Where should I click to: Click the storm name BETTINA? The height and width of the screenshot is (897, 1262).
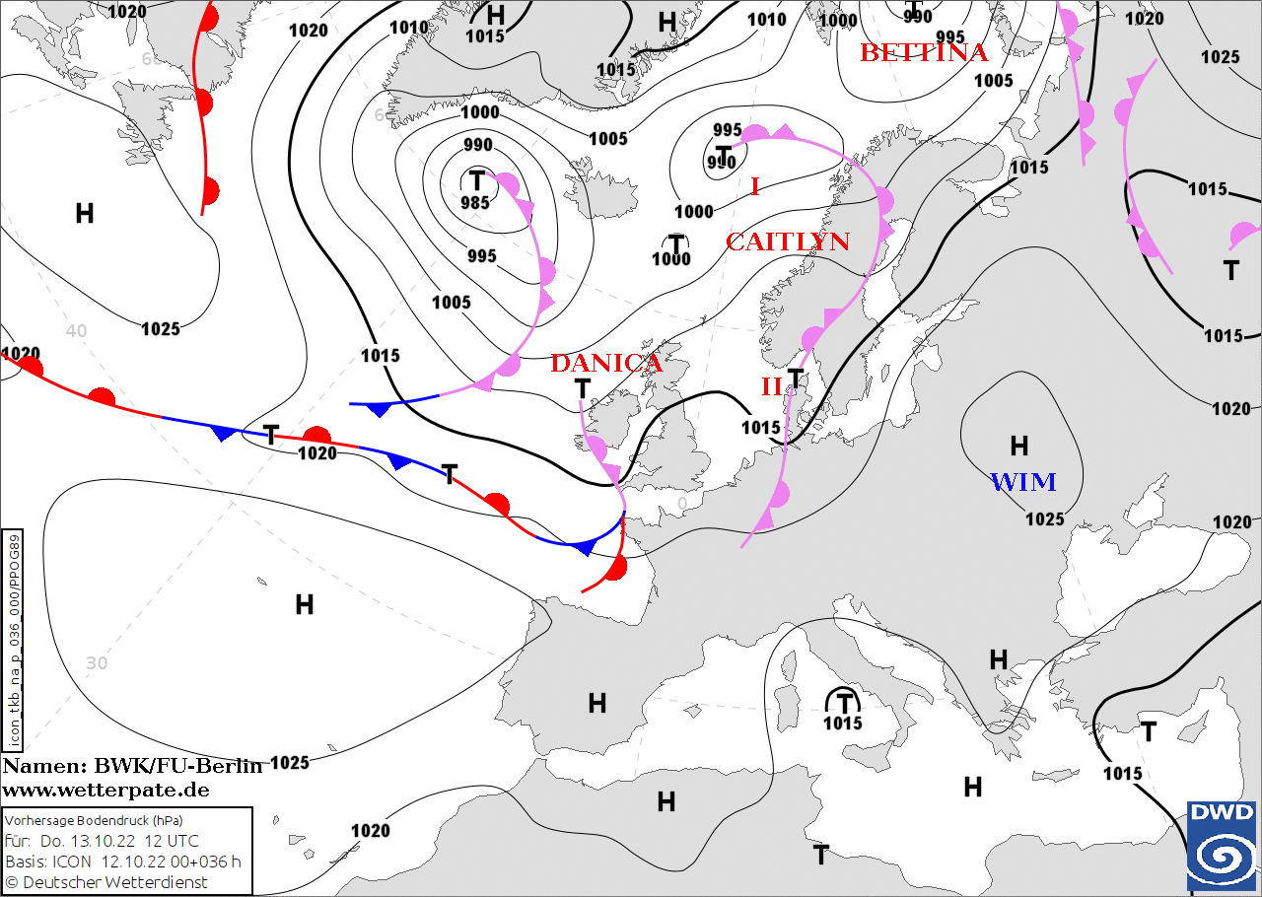click(x=924, y=52)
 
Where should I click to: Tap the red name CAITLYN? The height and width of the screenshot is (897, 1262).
click(x=788, y=241)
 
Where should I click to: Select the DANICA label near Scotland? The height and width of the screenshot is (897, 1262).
click(x=606, y=363)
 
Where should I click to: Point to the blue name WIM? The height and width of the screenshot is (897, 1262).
click(x=1022, y=482)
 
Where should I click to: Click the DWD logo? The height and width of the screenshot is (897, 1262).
click(x=1222, y=845)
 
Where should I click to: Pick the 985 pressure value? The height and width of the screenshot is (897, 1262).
click(x=475, y=203)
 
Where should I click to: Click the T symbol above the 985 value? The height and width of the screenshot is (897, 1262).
click(x=477, y=180)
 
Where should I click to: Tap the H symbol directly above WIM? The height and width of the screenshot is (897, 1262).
click(x=1019, y=447)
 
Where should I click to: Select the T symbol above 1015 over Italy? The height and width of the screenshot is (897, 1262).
click(x=844, y=703)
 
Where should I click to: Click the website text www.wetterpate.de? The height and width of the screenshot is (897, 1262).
click(x=105, y=790)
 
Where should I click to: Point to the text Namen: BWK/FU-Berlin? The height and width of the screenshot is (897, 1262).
click(x=132, y=767)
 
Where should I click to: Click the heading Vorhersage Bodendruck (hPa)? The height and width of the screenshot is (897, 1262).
click(x=95, y=820)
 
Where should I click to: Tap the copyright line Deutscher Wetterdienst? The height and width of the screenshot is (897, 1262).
click(x=114, y=882)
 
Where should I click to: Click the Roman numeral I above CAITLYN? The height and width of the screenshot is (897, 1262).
click(x=755, y=185)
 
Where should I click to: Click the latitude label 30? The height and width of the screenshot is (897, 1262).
click(x=97, y=662)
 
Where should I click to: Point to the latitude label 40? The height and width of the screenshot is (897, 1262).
click(x=77, y=330)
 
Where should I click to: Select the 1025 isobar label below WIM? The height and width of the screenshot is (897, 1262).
click(x=1045, y=519)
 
